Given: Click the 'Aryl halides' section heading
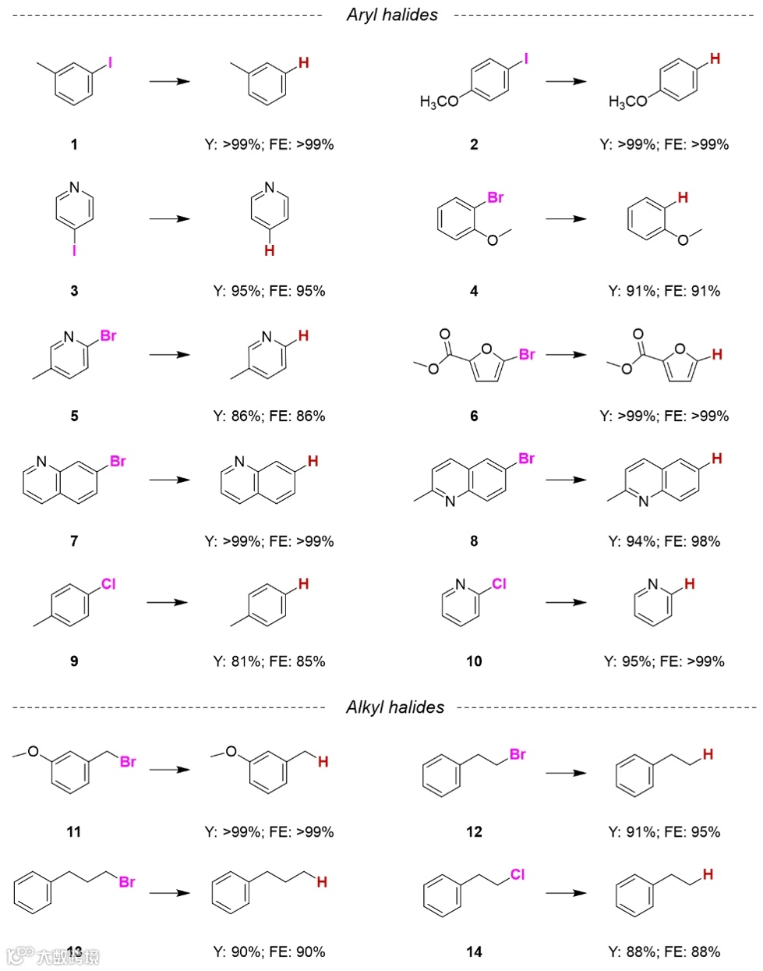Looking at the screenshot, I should (x=392, y=15).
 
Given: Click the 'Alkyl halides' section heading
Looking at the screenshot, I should (x=394, y=707).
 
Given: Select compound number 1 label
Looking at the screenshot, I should (x=74, y=144).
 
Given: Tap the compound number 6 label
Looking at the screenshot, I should (x=474, y=416).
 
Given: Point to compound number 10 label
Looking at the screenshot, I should (x=474, y=661).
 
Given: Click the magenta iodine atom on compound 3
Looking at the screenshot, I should (x=74, y=251).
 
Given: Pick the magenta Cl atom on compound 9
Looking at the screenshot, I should (x=108, y=584).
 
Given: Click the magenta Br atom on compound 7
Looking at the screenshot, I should (x=118, y=462).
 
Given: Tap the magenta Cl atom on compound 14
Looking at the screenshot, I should (x=517, y=875).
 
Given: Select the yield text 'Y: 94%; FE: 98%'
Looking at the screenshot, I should (x=664, y=541).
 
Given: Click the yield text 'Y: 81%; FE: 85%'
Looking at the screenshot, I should (x=269, y=661).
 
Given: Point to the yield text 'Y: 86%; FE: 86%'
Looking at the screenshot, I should (x=269, y=416).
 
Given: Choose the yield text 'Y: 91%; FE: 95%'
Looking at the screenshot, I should (x=664, y=832).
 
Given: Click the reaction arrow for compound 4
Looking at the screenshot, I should (x=566, y=219).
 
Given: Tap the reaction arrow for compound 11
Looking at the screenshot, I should (x=170, y=770).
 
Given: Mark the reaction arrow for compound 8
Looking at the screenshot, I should (x=566, y=480).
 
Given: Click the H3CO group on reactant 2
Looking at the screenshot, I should (x=439, y=101).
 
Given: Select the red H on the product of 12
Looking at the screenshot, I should (x=708, y=754).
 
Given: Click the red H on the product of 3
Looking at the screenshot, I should (x=269, y=250).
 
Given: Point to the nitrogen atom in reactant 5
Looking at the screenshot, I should (x=69, y=337).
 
